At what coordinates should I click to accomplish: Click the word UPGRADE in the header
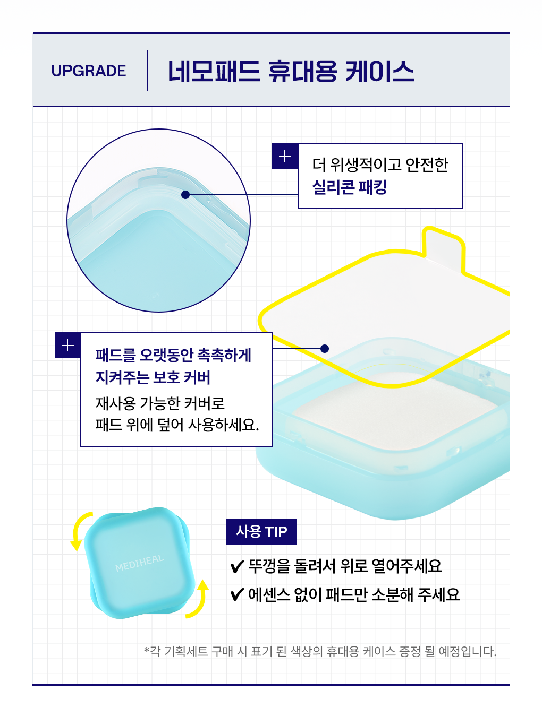click(89, 71)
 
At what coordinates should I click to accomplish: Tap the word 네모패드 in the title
click(214, 71)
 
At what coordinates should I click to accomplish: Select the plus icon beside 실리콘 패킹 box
click(285, 156)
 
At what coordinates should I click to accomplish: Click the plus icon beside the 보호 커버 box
click(67, 346)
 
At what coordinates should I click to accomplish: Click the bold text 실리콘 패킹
click(349, 187)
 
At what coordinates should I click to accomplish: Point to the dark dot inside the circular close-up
click(185, 195)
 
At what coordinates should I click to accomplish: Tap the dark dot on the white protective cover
click(325, 349)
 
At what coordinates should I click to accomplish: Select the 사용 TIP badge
click(261, 531)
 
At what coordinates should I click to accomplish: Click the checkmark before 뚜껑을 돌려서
click(237, 567)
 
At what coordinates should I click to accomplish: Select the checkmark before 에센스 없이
click(237, 594)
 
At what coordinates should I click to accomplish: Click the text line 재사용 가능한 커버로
click(160, 403)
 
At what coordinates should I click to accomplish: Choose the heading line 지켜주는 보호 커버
click(153, 377)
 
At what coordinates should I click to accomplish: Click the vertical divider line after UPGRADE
click(147, 71)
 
